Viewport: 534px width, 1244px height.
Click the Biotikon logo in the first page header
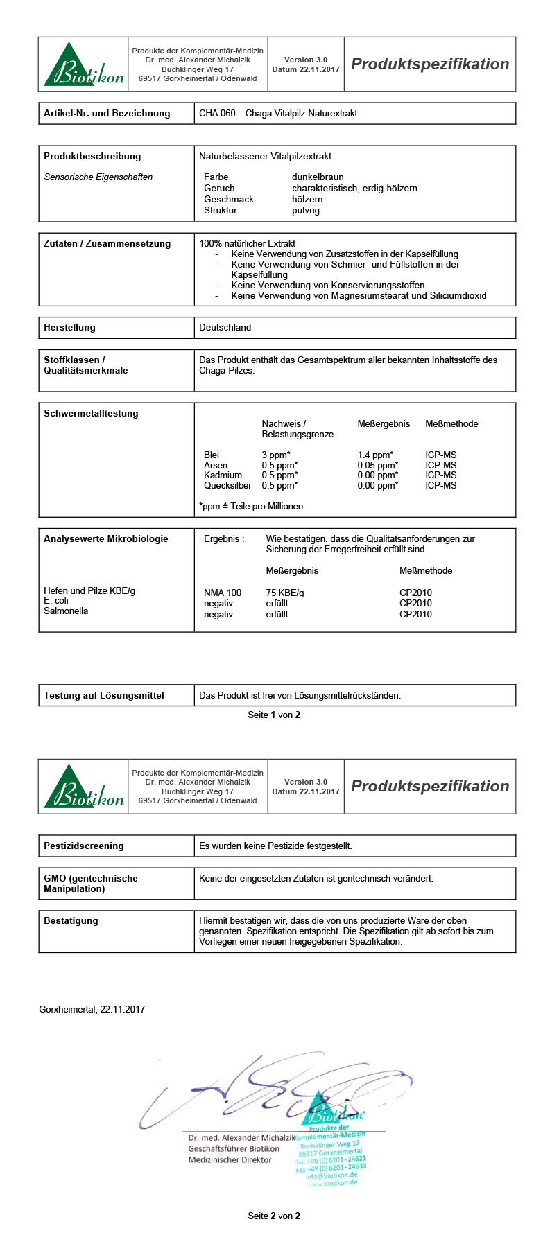pos(84,64)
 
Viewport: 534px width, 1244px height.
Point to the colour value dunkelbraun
pos(318,177)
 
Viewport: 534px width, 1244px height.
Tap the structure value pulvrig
pos(306,210)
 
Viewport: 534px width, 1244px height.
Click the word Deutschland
pos(225,327)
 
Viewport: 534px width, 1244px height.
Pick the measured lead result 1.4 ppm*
pos(375,455)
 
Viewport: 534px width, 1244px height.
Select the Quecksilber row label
pos(227,485)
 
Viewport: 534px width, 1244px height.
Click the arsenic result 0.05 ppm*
pos(377,465)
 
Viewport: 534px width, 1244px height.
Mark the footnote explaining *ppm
pos(250,506)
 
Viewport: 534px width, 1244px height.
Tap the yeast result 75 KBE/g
pos(285,593)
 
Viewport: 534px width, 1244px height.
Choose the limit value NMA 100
pos(223,593)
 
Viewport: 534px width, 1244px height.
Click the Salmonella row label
pos(66,611)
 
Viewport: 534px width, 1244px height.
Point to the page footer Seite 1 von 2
pos(274,715)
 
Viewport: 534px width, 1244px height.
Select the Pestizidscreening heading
pos(83,846)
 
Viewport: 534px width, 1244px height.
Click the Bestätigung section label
pos(71,920)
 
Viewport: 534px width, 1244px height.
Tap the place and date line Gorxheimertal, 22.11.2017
pos(92,1009)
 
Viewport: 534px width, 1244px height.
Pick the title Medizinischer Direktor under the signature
pos(230,1159)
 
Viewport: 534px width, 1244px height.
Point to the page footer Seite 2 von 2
pos(274,1216)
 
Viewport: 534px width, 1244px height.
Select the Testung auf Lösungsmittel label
pos(104,695)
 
